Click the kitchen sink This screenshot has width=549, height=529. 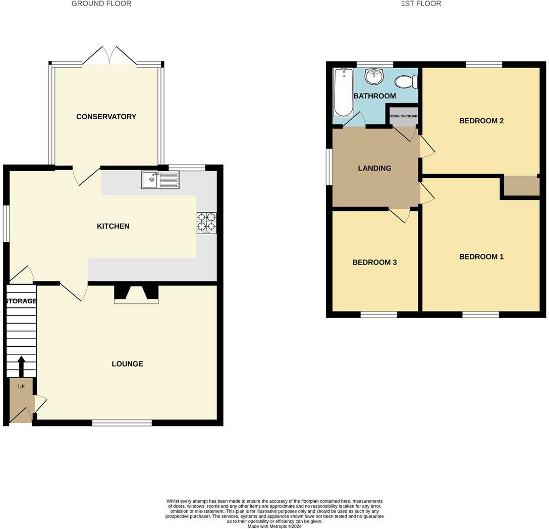pyautogui.click(x=160, y=180)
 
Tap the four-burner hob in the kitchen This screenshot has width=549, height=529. pyautogui.click(x=206, y=223)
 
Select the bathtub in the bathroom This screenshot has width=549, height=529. pyautogui.click(x=343, y=93)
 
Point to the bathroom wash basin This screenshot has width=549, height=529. pyautogui.click(x=374, y=77)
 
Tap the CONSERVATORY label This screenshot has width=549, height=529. pyautogui.click(x=106, y=117)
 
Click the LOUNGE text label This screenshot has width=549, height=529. pyautogui.click(x=127, y=364)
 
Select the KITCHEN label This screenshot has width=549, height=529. pyautogui.click(x=113, y=226)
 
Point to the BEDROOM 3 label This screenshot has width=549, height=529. pyautogui.click(x=374, y=262)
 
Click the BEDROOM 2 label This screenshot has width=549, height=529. pyautogui.click(x=481, y=121)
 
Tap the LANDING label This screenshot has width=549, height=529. pyautogui.click(x=374, y=168)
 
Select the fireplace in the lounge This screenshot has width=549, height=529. pyautogui.click(x=136, y=294)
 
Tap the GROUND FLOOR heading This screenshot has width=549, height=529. pyautogui.click(x=101, y=4)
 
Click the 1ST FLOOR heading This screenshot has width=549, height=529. pyautogui.click(x=421, y=4)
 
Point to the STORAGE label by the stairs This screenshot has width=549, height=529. pyautogui.click(x=21, y=301)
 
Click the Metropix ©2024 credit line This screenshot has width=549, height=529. pyautogui.click(x=274, y=526)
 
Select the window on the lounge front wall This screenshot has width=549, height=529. pyautogui.click(x=122, y=422)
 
